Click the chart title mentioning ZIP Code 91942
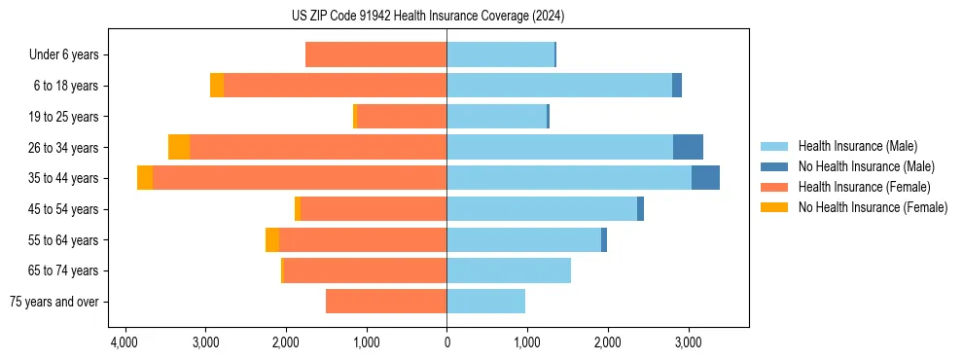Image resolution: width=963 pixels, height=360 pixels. coord(428,17)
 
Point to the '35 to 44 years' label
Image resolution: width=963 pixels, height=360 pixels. coord(63,178)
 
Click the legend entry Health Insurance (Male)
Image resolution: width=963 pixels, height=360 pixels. coord(857,146)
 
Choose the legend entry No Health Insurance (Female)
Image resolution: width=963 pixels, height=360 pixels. coord(873,207)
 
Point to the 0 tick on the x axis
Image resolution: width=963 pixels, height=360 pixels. coord(446,343)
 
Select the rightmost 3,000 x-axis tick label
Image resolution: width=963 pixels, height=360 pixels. coord(688,343)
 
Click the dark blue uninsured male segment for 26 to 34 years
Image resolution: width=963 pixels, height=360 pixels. coord(688,147)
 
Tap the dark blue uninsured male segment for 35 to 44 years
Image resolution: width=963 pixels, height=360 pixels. coord(705,178)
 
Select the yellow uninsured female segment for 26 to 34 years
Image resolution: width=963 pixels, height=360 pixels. coord(179,147)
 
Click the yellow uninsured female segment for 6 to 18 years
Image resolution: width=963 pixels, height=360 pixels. coord(217,86)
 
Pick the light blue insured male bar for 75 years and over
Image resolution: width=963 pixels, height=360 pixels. coord(486,302)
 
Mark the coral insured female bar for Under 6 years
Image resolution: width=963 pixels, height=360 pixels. coord(375,55)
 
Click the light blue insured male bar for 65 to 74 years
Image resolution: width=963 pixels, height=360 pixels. coord(509,270)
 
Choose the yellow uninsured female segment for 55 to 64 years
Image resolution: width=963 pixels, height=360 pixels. coord(272,239)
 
